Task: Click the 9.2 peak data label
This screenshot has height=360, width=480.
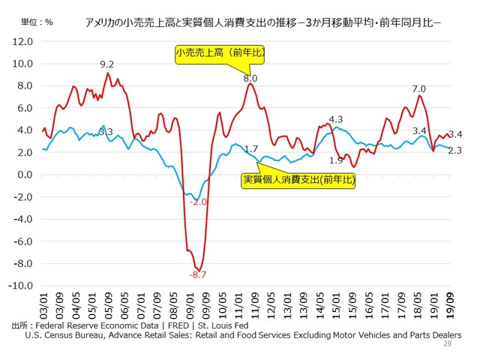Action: (x=107, y=64)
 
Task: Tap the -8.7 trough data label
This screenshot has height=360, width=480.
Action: (x=198, y=275)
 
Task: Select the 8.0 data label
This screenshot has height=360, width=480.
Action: (x=250, y=78)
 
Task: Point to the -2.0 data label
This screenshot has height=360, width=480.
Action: (x=199, y=202)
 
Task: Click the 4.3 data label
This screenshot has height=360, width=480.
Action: (x=335, y=119)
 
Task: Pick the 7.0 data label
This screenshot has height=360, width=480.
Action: (x=418, y=89)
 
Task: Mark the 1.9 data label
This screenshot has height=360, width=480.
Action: (x=336, y=160)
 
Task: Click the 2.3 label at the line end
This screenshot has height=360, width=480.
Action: (x=454, y=151)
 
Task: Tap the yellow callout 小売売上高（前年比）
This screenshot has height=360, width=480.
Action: (x=220, y=53)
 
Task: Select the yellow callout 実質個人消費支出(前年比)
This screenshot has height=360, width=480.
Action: (x=298, y=181)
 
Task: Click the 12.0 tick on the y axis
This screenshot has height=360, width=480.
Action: (x=22, y=41)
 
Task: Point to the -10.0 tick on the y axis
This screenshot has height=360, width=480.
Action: (x=19, y=286)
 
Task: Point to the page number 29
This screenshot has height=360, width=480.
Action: (x=448, y=343)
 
